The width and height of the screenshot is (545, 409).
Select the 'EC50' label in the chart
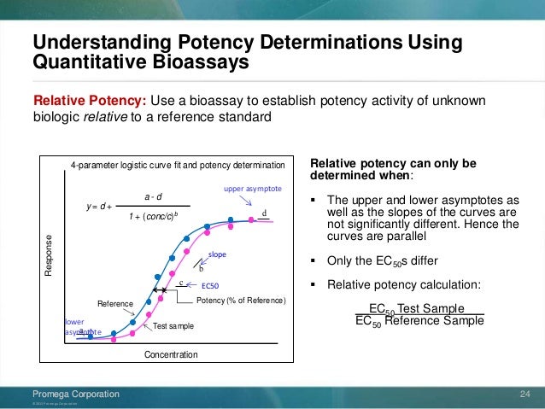210,285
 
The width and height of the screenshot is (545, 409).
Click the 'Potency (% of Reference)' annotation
241,302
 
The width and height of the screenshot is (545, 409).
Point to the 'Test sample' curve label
173,326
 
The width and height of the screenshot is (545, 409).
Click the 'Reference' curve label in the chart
115,303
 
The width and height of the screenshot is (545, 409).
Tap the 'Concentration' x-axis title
172,354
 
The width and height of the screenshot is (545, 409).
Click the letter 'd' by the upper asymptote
264,213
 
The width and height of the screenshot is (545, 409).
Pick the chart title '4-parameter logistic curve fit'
178,164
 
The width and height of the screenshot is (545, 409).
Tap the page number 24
526,394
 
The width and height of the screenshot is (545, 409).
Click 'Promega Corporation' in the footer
75,394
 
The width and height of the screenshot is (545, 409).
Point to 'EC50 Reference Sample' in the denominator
419,321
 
